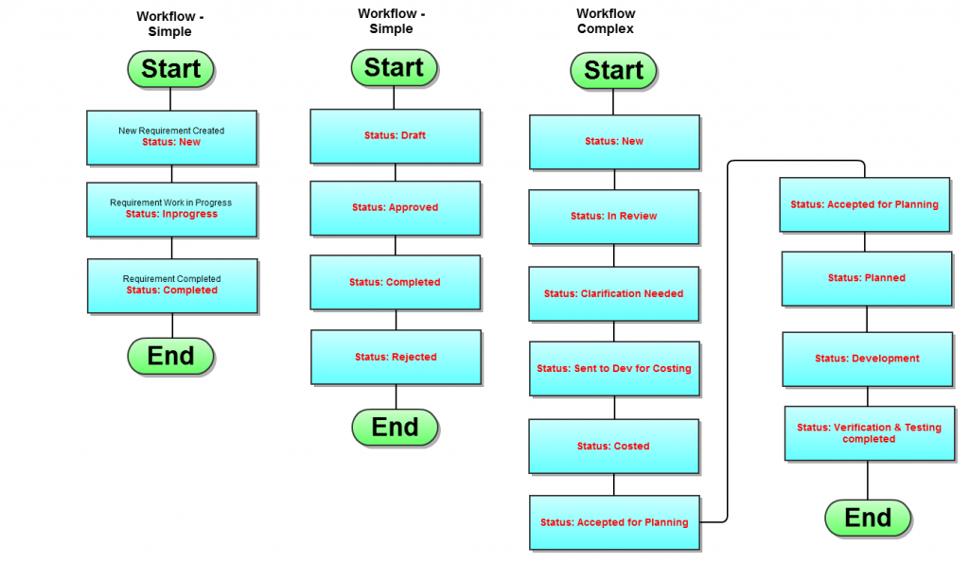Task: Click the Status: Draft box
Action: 395,136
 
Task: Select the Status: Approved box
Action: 395,208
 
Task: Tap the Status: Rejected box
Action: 396,357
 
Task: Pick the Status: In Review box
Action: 613,217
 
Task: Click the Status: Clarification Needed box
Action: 613,294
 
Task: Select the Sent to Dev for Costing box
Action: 613,369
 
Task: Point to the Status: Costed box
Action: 613,447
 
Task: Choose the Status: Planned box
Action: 866,278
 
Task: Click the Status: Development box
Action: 867,359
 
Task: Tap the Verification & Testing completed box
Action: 869,433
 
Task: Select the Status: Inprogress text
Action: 171,215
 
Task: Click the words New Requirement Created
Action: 171,131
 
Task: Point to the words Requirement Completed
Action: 172,279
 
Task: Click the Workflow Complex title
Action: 606,22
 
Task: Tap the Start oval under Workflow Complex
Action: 613,71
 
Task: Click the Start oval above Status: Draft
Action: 394,68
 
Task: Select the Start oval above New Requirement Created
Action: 171,69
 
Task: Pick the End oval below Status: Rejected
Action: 395,428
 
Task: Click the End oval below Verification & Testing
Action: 868,519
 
